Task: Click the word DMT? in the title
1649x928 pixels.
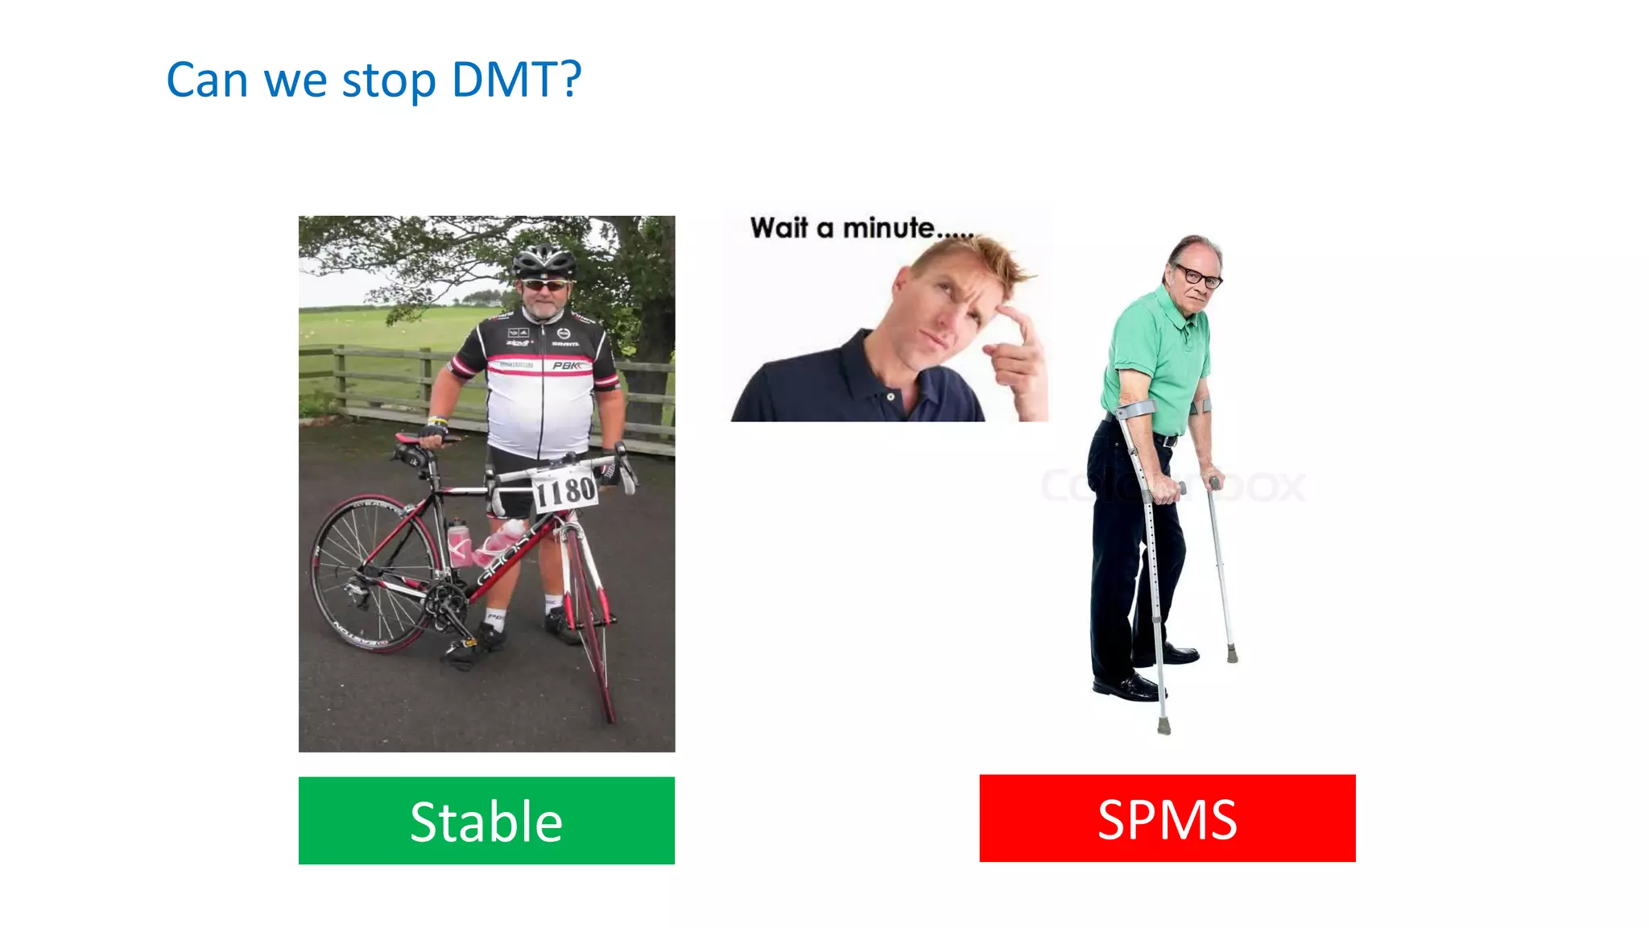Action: click(515, 81)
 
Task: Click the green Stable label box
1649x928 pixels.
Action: click(486, 820)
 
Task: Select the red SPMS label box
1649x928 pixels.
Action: click(1167, 818)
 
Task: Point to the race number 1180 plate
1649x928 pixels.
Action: click(565, 490)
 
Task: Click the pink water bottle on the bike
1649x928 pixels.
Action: click(458, 542)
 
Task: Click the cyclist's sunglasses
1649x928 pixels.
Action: click(545, 285)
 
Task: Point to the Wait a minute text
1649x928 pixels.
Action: click(862, 229)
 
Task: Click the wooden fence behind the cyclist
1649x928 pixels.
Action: click(378, 379)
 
